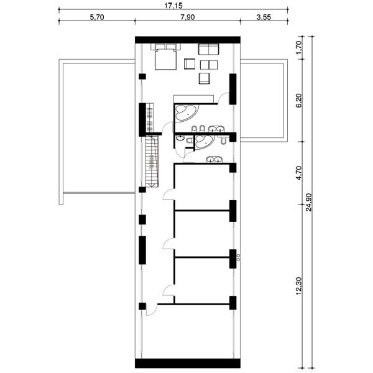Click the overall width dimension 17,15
(173, 5)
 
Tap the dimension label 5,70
(97, 17)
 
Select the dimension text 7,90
(188, 17)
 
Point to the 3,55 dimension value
(264, 17)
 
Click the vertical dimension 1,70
(299, 47)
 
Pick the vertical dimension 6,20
(299, 100)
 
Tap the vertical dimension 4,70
(299, 173)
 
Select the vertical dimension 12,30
(299, 285)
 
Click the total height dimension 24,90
(309, 202)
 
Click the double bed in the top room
(165, 57)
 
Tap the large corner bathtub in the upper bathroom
(186, 114)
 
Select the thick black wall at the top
(188, 40)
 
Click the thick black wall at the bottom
(188, 363)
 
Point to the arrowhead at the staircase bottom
(151, 185)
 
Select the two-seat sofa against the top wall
(209, 49)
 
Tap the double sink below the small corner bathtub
(214, 159)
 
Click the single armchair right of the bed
(190, 64)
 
